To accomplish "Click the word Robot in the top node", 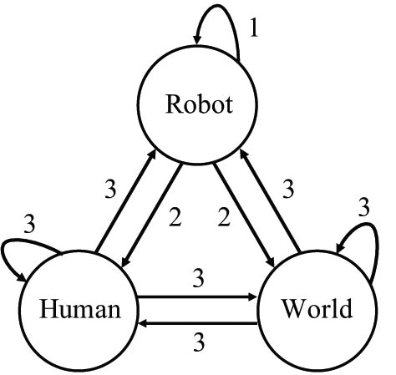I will coord(197,105).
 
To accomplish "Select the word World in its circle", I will coord(317,310).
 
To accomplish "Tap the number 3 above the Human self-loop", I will coord(28,224).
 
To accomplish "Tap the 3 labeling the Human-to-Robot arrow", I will coord(109,190).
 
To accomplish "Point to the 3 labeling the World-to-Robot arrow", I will coord(287,190).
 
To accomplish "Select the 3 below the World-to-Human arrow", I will coord(199,342).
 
